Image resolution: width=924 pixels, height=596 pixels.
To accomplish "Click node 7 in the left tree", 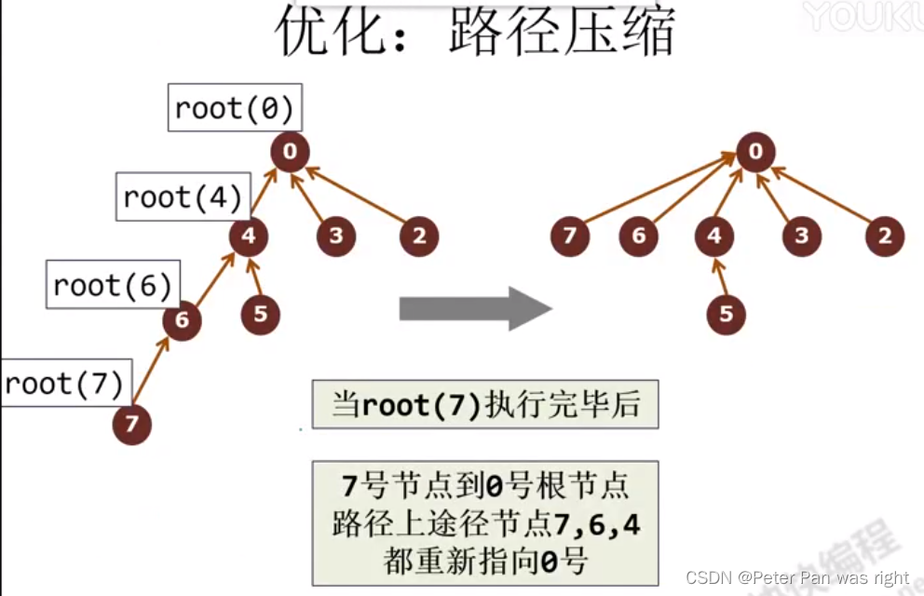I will point(131,425).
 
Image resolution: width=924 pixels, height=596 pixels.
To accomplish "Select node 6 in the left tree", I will point(182,321).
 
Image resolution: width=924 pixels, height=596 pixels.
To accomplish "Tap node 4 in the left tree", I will point(249,237).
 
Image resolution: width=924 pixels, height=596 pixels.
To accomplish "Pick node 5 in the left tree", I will point(260,314).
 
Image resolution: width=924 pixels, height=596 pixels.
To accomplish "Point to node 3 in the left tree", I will point(335,237).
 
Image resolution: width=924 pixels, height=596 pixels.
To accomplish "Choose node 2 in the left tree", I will point(419,237).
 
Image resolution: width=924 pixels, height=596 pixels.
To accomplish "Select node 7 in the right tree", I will point(569,237).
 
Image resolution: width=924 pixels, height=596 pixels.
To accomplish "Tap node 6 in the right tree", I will point(639,237).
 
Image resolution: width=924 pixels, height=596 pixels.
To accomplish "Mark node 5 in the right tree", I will point(726,314).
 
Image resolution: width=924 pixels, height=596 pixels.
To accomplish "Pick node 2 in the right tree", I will point(884,237).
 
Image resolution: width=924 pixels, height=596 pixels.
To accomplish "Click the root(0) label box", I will point(235,109).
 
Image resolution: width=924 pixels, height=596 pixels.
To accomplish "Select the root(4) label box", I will point(183,196).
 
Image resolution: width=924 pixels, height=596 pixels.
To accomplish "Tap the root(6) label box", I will point(113,284).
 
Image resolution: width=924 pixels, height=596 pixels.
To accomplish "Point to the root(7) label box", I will point(64,383).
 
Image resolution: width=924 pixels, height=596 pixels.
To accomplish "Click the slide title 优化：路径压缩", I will point(474,34).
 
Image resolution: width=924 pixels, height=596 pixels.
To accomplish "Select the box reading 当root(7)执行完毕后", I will point(484,404).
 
